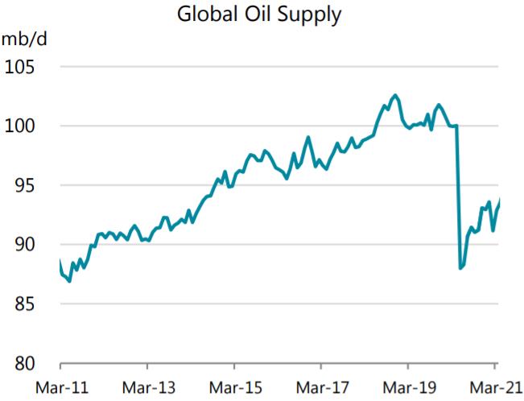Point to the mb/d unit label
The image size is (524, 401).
pyautogui.click(x=22, y=39)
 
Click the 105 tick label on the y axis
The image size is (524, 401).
pyautogui.click(x=22, y=67)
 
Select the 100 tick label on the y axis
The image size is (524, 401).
pyautogui.click(x=22, y=126)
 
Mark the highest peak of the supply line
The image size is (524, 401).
pyautogui.click(x=394, y=95)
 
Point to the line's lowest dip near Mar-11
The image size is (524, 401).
pyautogui.click(x=69, y=281)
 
